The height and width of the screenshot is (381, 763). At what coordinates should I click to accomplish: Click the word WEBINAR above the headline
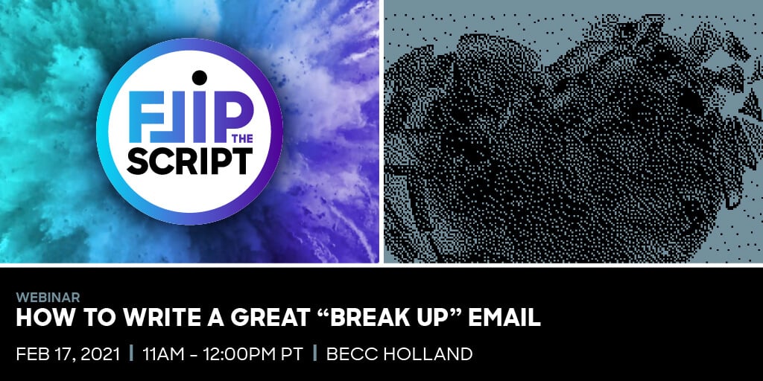tap(48, 298)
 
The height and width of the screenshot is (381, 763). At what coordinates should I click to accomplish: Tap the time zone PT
tap(289, 353)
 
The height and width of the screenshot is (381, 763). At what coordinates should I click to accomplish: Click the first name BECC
tap(349, 353)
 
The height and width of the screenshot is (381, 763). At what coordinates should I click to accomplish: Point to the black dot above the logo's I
tap(198, 77)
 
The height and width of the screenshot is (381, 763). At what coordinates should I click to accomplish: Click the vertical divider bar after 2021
tap(131, 353)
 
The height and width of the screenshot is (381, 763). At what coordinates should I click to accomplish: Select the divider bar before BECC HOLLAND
tap(315, 353)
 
